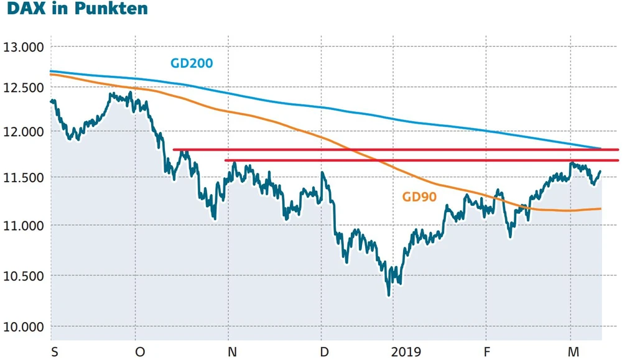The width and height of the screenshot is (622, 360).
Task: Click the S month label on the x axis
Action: (55, 352)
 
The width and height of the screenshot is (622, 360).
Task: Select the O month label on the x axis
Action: (140, 352)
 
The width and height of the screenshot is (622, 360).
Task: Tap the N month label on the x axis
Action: (232, 352)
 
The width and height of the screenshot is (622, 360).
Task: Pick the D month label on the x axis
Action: (324, 352)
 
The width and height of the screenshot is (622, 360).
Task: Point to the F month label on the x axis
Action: (488, 352)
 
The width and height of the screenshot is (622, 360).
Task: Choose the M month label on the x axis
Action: (573, 352)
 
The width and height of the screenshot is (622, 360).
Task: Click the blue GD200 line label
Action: (192, 63)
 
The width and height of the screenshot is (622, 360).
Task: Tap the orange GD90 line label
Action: (419, 197)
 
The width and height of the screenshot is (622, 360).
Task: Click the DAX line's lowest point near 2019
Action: (389, 295)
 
